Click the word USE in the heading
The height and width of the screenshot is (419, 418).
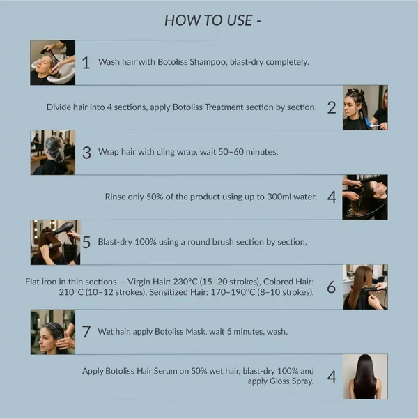[240, 20]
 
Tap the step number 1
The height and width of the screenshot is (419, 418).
[86, 63]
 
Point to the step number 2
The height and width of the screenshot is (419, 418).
[332, 108]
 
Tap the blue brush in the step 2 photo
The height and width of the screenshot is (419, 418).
[371, 123]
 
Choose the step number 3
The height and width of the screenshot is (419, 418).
[86, 153]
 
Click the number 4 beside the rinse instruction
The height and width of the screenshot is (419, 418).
[332, 197]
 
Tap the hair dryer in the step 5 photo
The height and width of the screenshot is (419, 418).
[63, 229]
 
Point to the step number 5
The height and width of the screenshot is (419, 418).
[86, 242]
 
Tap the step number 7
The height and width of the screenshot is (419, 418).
[86, 332]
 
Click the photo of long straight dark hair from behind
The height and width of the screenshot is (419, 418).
[365, 376]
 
